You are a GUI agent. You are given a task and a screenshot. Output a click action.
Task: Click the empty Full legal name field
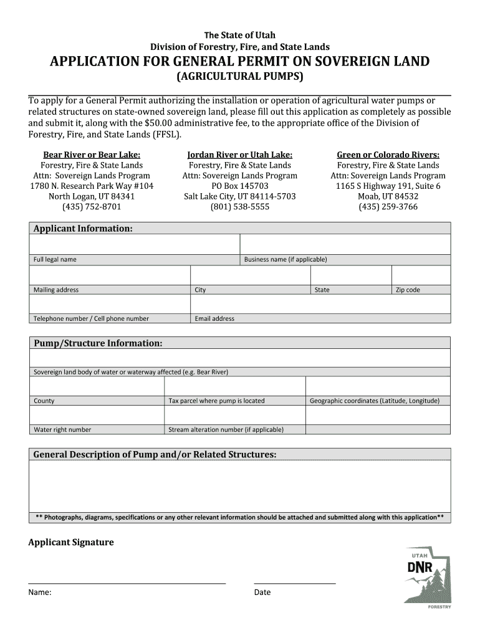pyautogui.click(x=135, y=244)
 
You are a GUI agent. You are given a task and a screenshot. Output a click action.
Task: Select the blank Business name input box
pyautogui.click(x=345, y=244)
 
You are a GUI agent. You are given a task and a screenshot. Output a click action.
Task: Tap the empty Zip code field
pyautogui.click(x=420, y=275)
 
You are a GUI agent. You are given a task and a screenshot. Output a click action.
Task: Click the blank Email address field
pyautogui.click(x=320, y=303)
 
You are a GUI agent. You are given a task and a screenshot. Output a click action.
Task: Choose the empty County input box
pyautogui.click(x=97, y=386)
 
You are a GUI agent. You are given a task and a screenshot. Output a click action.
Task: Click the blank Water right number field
pyautogui.click(x=97, y=414)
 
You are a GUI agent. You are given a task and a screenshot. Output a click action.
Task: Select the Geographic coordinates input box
pyautogui.click(x=378, y=386)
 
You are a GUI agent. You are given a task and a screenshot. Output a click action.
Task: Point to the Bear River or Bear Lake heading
pyautogui.click(x=92, y=155)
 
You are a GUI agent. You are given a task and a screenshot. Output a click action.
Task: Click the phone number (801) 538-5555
pyautogui.click(x=240, y=207)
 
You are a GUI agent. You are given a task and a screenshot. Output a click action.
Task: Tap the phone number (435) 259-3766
pyautogui.click(x=388, y=207)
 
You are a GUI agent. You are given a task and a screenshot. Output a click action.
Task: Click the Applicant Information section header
pyautogui.click(x=83, y=229)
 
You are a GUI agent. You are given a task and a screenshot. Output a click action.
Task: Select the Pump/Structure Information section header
pyautogui.click(x=98, y=343)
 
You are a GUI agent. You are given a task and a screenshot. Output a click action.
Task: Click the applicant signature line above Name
pyautogui.click(x=127, y=583)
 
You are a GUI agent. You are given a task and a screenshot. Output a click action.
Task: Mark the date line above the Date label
pyautogui.click(x=294, y=583)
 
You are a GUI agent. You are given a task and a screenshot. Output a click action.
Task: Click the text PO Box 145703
pyautogui.click(x=240, y=186)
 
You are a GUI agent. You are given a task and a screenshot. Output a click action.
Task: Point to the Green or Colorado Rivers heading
pyautogui.click(x=388, y=155)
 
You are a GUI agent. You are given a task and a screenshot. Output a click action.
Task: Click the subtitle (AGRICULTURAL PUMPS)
pyautogui.click(x=240, y=77)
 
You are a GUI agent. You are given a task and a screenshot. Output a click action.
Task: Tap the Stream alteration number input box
pyautogui.click(x=235, y=414)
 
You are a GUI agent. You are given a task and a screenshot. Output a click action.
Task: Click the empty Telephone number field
pyautogui.click(x=110, y=303)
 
